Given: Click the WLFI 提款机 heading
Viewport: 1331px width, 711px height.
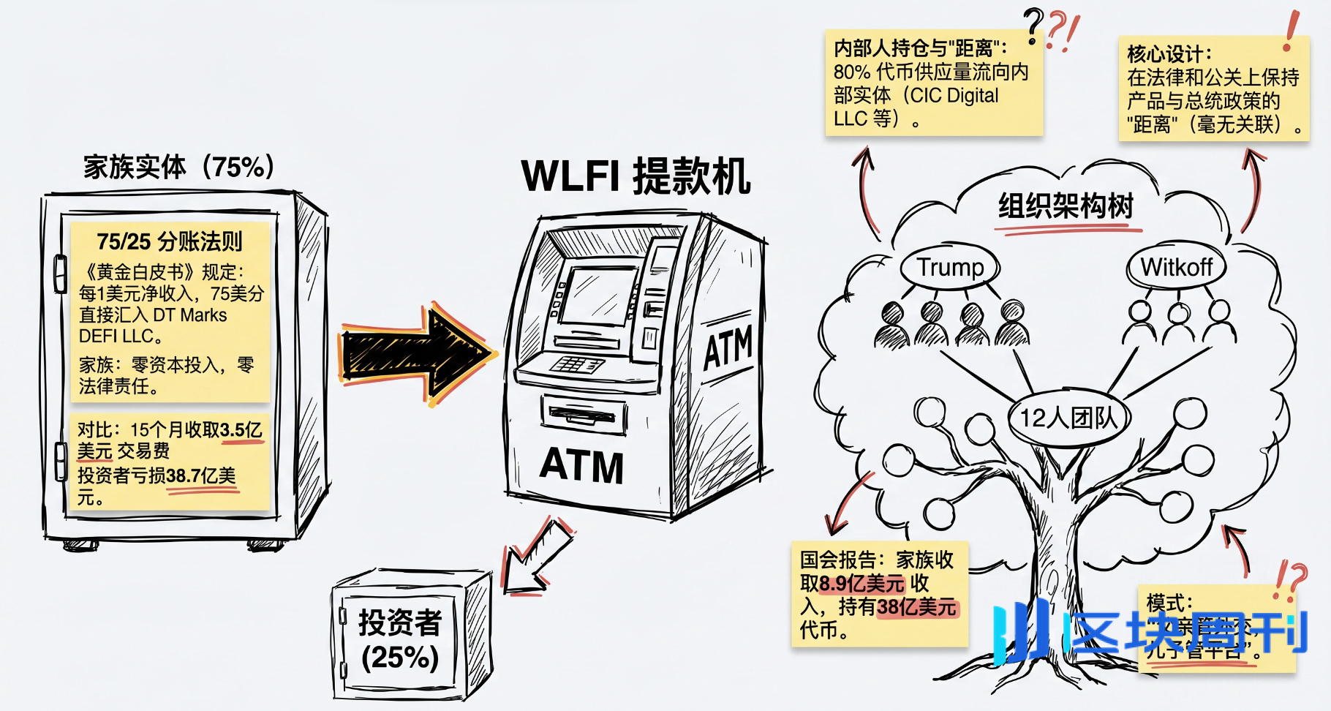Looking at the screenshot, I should [x=635, y=176].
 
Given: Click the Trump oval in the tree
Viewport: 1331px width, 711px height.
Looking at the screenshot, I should [x=950, y=268].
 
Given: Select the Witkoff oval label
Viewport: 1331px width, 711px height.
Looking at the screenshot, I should [x=1177, y=268].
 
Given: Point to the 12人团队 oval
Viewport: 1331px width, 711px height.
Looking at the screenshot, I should [x=1069, y=418].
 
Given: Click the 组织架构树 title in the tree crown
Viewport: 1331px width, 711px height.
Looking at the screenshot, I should [x=1066, y=206].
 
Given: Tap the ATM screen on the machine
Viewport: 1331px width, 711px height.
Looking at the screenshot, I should [x=594, y=296].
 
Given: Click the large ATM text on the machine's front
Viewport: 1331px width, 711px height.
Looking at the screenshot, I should [x=581, y=466].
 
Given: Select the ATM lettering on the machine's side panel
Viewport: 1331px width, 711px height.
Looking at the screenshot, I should [x=727, y=348].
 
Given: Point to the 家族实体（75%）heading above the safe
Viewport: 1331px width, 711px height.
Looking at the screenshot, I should [x=178, y=167].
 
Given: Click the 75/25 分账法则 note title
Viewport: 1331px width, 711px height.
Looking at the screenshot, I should [x=169, y=241].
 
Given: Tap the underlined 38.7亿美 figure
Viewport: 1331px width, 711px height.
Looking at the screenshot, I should [x=200, y=476].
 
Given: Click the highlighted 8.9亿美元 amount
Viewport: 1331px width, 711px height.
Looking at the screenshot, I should [x=862, y=584].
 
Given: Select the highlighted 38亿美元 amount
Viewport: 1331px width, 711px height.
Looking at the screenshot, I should [x=916, y=607].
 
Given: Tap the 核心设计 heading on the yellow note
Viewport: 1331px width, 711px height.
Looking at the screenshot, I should [x=1168, y=54].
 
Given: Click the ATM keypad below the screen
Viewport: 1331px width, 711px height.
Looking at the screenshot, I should [x=576, y=364].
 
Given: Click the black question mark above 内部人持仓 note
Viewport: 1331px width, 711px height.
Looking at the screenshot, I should [x=1033, y=26].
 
